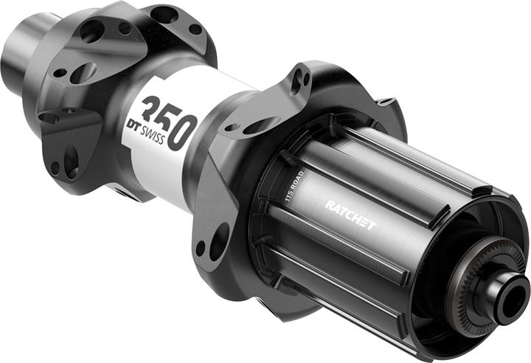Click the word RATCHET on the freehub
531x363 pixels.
tap(350, 215)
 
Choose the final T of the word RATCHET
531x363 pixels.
tap(371, 225)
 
